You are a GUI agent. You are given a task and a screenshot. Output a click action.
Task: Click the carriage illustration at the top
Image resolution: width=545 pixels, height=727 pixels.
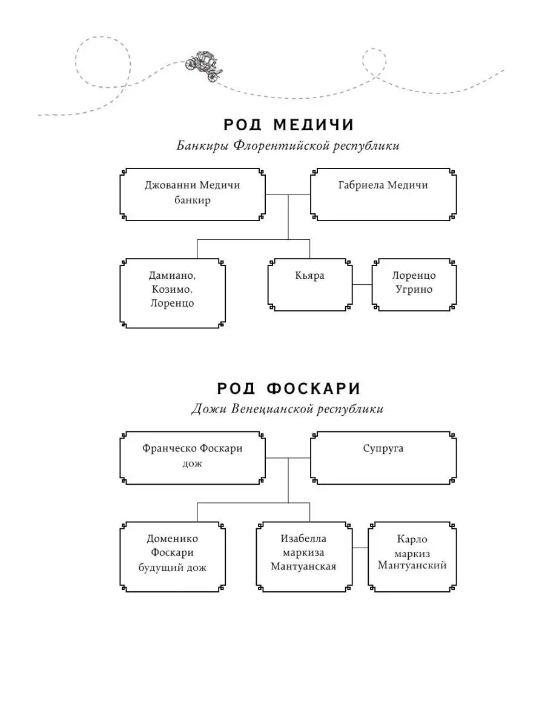tap(203, 66)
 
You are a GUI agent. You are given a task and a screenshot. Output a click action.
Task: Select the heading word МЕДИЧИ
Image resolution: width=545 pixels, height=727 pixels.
tap(314, 125)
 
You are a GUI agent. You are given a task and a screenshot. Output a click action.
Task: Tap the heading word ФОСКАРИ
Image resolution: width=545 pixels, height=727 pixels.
tap(313, 388)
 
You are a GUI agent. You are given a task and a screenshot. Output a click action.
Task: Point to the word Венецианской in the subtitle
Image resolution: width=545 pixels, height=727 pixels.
tap(272, 409)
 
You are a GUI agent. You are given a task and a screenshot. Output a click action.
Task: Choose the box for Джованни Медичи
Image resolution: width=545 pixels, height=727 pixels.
tap(193, 194)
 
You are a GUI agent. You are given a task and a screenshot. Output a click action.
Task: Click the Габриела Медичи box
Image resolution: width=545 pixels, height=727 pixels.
tap(383, 194)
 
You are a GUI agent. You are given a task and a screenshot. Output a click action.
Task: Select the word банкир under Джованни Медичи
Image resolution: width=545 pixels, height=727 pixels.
tap(192, 200)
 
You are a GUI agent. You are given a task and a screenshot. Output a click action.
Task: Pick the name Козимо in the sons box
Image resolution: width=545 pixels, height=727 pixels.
tap(171, 289)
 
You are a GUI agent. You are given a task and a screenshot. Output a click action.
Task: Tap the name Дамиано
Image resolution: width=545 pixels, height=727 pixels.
tap(172, 275)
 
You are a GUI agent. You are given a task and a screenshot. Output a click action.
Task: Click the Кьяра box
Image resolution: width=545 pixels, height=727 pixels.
tap(309, 285)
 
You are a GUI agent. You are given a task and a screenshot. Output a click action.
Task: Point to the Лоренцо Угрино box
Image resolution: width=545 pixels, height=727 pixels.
tap(414, 285)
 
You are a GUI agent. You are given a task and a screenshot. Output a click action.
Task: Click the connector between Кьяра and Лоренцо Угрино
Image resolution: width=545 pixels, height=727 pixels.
tap(362, 284)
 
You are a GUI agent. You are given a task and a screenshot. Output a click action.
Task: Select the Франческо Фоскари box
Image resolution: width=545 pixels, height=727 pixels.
tap(193, 458)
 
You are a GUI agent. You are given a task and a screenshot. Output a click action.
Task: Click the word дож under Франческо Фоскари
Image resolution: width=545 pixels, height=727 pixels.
tap(192, 463)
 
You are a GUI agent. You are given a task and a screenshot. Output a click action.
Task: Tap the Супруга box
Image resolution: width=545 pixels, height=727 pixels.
tap(383, 458)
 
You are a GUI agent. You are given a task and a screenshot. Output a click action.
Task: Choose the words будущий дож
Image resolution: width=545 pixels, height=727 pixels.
tap(172, 567)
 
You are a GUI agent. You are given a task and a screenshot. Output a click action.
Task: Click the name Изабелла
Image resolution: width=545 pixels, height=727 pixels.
tap(303, 539)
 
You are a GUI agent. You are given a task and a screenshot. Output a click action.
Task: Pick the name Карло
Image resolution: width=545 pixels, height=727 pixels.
tap(412, 539)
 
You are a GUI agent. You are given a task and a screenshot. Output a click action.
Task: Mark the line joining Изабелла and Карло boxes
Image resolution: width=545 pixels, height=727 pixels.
tap(360, 548)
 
